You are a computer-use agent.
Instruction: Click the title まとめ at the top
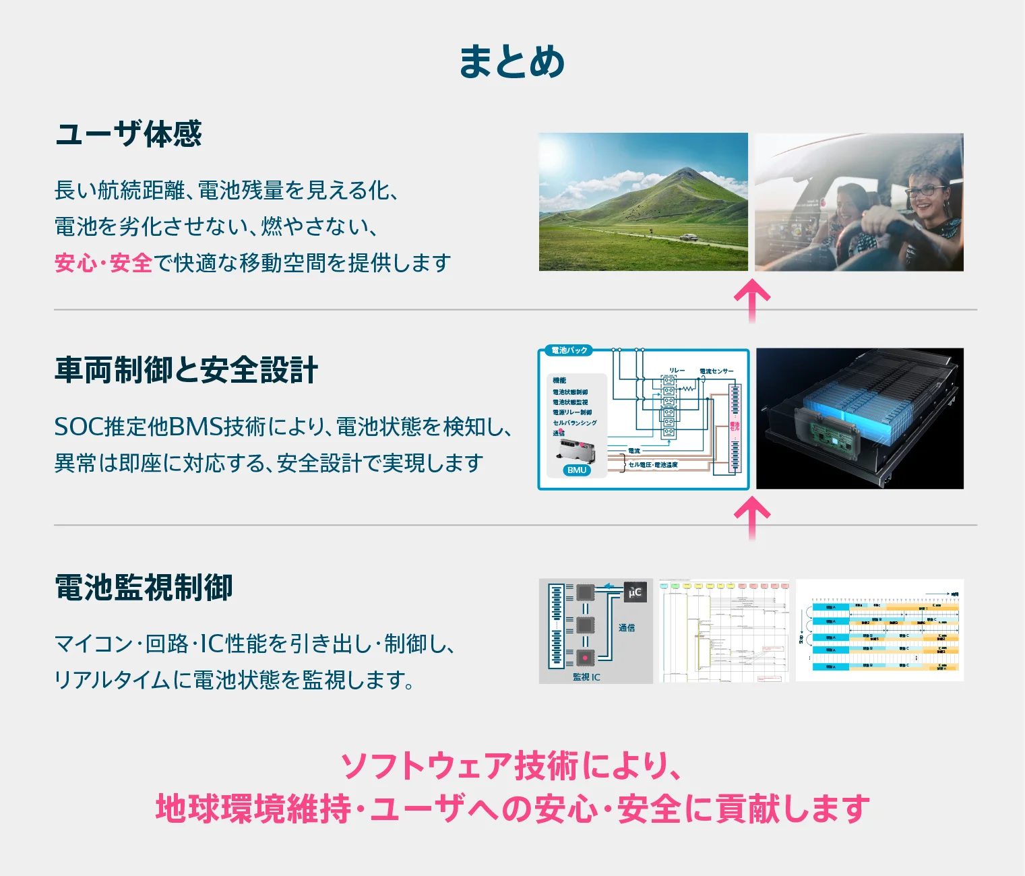511,62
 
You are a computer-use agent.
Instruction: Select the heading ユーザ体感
128,134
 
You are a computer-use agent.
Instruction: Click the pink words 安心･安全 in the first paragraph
103,263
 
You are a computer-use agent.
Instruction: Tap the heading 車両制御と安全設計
186,371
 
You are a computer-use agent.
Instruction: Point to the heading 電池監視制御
144,588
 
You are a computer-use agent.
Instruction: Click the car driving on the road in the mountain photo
688,237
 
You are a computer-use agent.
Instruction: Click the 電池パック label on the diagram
569,350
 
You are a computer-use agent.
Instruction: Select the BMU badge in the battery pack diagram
577,470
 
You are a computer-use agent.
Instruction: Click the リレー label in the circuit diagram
676,371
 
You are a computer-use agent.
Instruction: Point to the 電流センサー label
716,371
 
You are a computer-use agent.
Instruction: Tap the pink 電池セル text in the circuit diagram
735,427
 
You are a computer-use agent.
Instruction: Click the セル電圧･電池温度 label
653,465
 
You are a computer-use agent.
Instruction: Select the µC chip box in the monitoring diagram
635,592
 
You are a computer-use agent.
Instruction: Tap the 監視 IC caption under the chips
586,677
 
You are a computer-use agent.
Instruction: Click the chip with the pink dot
585,657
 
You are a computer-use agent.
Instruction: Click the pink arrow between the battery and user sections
752,300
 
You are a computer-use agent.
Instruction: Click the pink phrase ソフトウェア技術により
511,766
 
